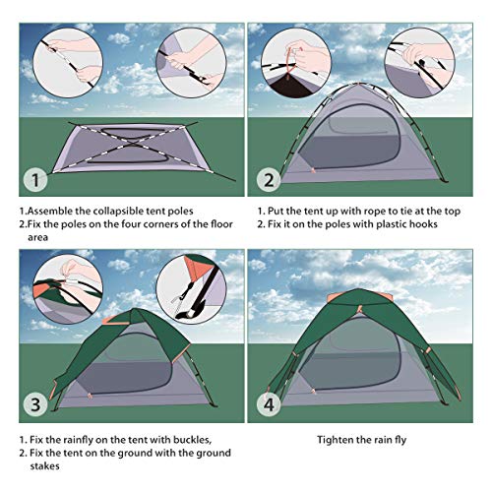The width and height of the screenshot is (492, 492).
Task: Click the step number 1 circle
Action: click(x=34, y=180)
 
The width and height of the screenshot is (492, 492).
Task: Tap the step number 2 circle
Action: click(x=269, y=180)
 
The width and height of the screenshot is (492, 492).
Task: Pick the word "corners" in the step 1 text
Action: click(x=150, y=224)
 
